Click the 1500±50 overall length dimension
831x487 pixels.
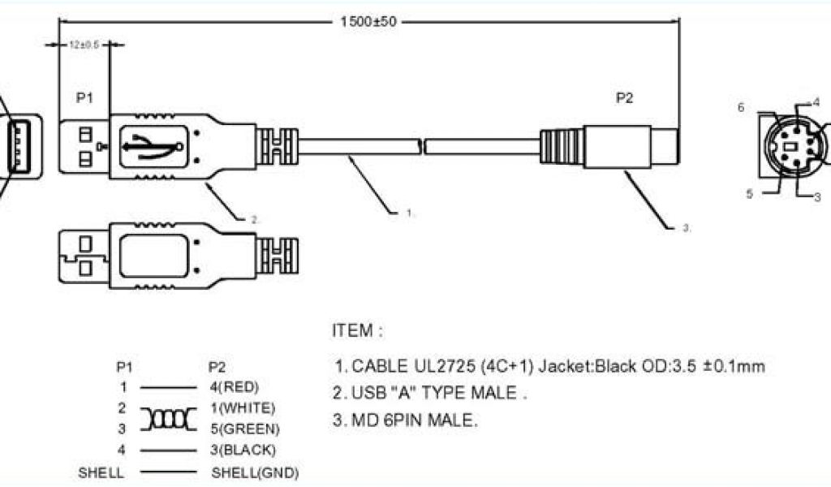(369, 22)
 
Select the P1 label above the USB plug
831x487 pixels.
(85, 98)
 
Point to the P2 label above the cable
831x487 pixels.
(624, 98)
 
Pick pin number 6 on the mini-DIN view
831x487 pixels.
(741, 106)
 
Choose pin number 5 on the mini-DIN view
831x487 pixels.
(751, 193)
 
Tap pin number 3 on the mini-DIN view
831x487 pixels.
(817, 196)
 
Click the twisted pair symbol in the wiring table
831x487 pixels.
(169, 418)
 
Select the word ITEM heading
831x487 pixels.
(357, 331)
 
